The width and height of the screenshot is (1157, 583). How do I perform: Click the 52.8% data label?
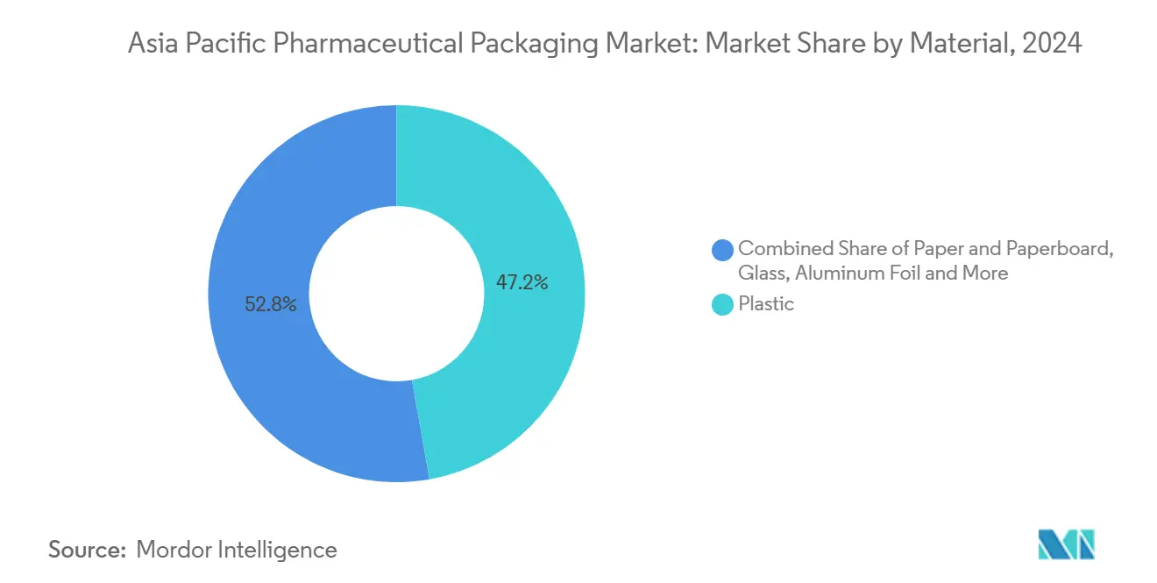271,305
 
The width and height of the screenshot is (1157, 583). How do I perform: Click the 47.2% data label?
522,282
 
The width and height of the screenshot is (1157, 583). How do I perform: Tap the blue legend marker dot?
723,250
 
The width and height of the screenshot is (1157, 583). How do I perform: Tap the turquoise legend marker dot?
723,305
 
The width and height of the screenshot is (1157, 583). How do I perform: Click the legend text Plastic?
766,304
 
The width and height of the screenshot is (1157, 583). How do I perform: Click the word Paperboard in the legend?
1064,248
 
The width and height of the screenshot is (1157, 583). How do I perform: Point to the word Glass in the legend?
763,274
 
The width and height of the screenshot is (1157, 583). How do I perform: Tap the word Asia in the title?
152,44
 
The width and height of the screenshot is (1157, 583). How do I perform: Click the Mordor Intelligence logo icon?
1066,544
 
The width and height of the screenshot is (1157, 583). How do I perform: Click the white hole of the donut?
397,294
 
